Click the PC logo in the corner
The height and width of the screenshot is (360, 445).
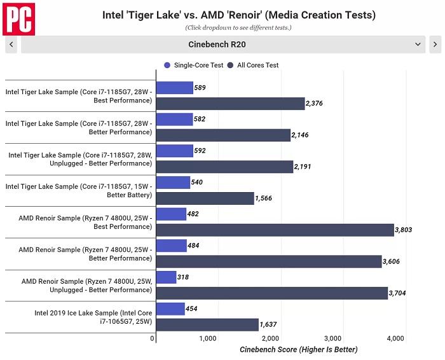[18, 18]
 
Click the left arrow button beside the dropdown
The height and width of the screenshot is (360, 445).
[11, 45]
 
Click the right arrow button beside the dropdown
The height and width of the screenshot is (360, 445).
[435, 45]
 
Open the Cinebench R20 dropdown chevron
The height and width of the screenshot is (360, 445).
[418, 45]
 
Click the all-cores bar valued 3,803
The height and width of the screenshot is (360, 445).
[275, 230]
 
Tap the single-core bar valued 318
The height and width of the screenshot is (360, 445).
[165, 277]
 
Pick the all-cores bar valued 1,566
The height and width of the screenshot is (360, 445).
[204, 198]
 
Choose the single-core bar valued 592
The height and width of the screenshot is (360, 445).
[174, 151]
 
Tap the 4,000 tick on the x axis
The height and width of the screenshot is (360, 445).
[395, 338]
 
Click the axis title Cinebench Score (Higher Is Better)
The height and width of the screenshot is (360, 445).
[299, 350]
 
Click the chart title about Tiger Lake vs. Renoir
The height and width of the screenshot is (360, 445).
[238, 15]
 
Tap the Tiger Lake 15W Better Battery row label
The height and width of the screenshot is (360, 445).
[79, 190]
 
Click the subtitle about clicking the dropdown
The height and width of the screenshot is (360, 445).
[238, 28]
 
